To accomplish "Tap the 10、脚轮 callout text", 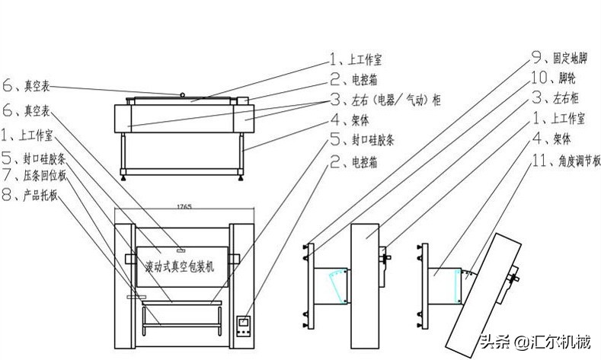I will click(x=551, y=77).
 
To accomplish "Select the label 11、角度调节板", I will click(x=567, y=161).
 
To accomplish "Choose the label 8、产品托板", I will click(x=36, y=196).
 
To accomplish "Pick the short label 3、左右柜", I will click(x=556, y=97).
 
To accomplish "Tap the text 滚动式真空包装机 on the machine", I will click(x=181, y=266).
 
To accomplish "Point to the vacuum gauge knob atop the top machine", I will click(x=184, y=94).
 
